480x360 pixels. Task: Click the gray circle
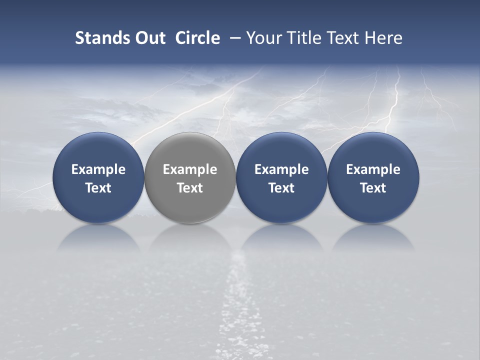point(190,150)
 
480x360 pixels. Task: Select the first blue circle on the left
point(98,150)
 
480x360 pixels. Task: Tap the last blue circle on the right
point(373,150)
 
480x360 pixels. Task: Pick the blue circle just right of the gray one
point(281,150)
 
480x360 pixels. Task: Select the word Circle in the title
point(197,38)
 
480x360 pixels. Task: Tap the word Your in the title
point(263,38)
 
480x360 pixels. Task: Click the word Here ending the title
point(383,38)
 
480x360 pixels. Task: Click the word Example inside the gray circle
point(190,169)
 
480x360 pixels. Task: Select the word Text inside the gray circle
point(190,188)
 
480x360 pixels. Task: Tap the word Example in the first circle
point(98,169)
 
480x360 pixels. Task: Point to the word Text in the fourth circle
point(373,188)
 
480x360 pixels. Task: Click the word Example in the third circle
point(281,169)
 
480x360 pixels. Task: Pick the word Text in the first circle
point(98,188)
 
